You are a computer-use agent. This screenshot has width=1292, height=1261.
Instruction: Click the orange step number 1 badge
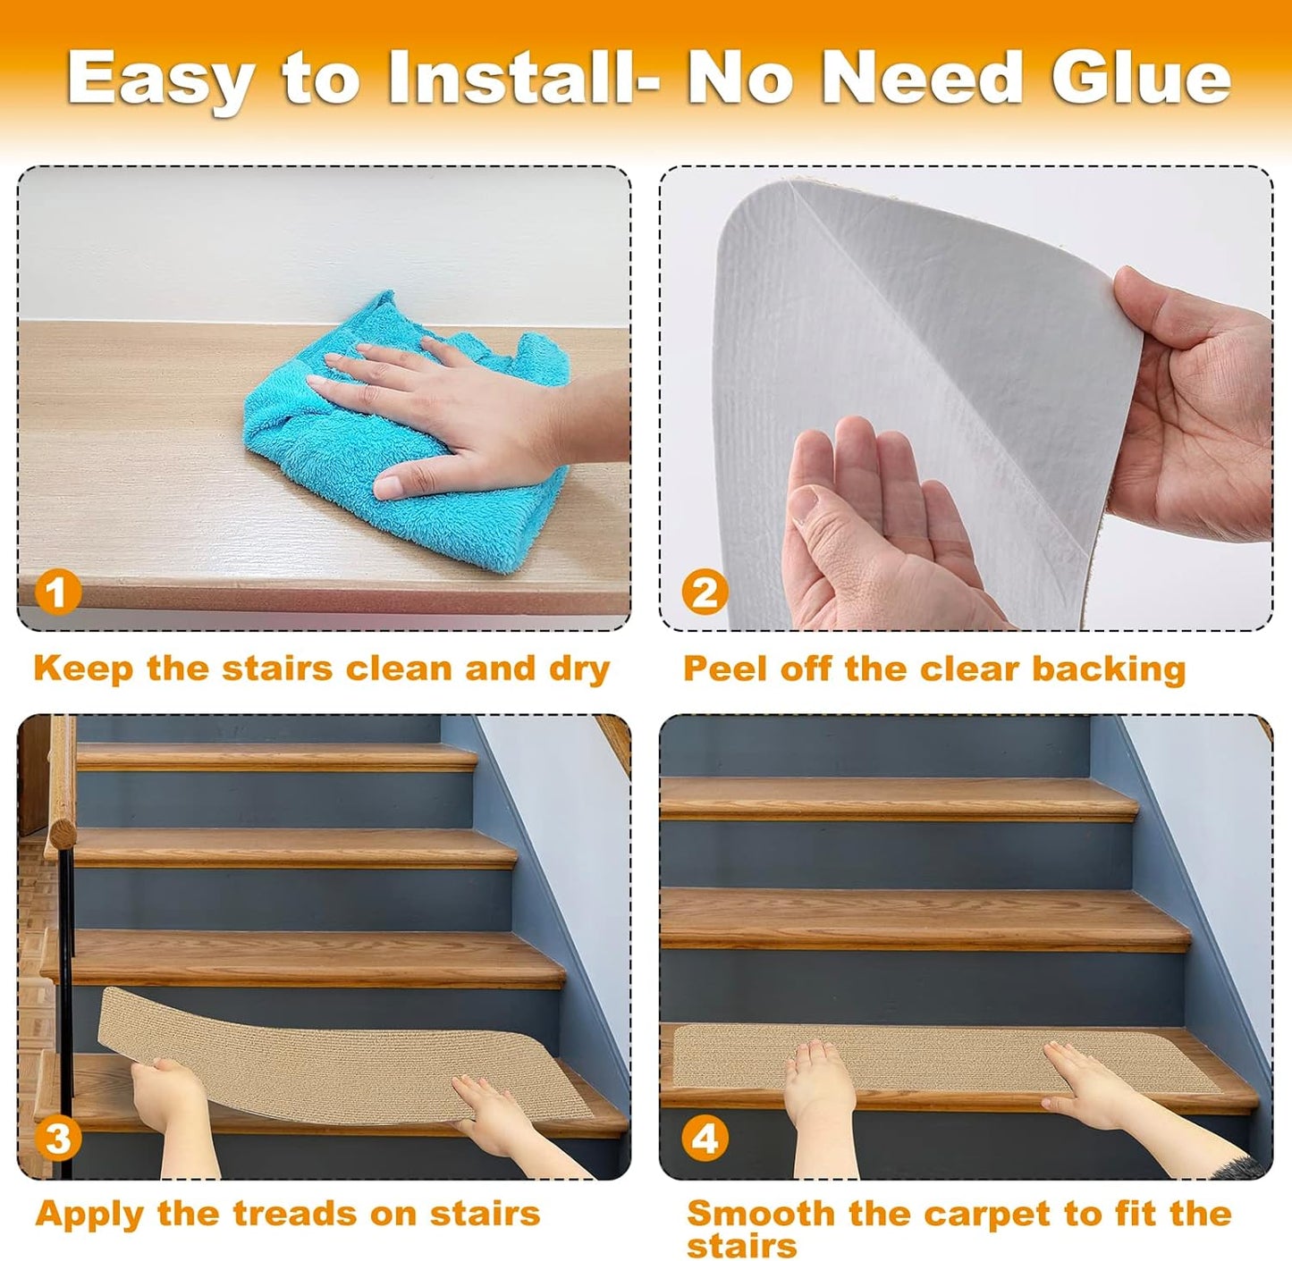57,593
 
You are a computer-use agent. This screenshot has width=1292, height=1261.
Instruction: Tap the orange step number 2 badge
705,593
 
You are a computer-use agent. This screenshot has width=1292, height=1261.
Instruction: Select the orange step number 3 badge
57,1139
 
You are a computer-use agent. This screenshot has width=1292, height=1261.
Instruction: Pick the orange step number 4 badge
705,1139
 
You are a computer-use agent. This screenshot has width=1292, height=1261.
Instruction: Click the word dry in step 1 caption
578,668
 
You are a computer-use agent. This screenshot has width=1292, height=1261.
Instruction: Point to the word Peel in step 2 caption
724,668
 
